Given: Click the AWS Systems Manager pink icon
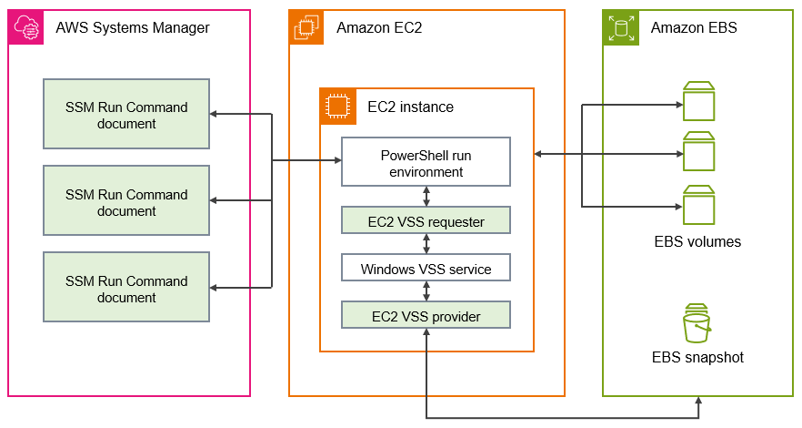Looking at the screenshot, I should click(x=26, y=28).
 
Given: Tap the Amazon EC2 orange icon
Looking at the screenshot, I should click(x=306, y=28).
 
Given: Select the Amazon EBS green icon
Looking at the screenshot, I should click(x=621, y=28).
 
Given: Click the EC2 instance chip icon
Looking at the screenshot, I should click(x=337, y=107).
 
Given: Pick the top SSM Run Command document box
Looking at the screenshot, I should click(x=126, y=115).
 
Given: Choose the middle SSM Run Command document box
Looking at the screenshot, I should click(x=126, y=202).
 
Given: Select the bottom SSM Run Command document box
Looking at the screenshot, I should click(x=126, y=289).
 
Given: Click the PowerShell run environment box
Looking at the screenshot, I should click(x=426, y=163).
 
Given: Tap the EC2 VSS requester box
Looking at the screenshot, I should click(x=426, y=220).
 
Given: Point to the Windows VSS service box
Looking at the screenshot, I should click(x=426, y=269).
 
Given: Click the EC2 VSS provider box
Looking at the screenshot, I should click(x=426, y=316).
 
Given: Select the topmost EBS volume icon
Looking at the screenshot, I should click(x=698, y=101).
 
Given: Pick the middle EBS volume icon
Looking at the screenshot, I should click(x=698, y=152).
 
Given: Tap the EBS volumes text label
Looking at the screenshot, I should click(x=697, y=242).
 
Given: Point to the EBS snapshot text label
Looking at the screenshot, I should click(x=697, y=357).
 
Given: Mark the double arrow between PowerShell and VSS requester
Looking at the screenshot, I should click(x=426, y=197).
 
